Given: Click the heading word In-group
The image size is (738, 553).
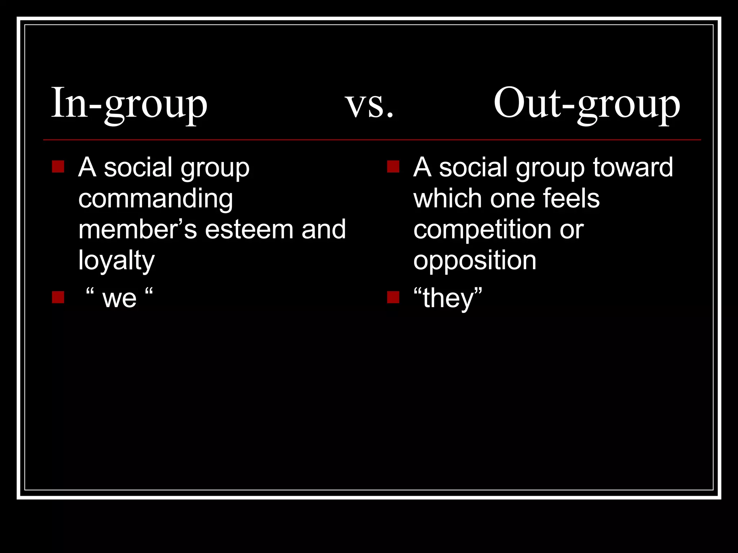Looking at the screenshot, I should pos(129,104).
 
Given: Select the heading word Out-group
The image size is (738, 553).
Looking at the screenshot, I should pos(586,104).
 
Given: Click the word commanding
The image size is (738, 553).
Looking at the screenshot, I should pos(156,199).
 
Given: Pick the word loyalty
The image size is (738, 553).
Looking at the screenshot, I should pos(116,261).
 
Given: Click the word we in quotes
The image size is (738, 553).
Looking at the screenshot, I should pos(119,298).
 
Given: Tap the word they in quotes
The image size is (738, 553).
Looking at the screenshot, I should pos(448,298).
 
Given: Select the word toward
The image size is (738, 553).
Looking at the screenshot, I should pos(633,167).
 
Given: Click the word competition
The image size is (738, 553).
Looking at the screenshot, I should pos(482,229).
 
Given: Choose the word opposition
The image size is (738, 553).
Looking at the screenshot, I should pos(475,261).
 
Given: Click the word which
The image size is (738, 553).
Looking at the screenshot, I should pos(448,198).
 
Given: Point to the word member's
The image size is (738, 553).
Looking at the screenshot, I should pos(138,229).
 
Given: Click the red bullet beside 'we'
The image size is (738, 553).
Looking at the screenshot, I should pos(58,297).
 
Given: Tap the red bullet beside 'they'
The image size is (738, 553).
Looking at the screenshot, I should pos(393,297).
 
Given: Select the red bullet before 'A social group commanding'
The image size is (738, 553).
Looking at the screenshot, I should pos(58,167).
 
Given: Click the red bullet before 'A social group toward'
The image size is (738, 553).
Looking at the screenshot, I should pos(393,167).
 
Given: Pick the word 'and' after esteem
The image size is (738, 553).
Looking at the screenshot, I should pos(323,229).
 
